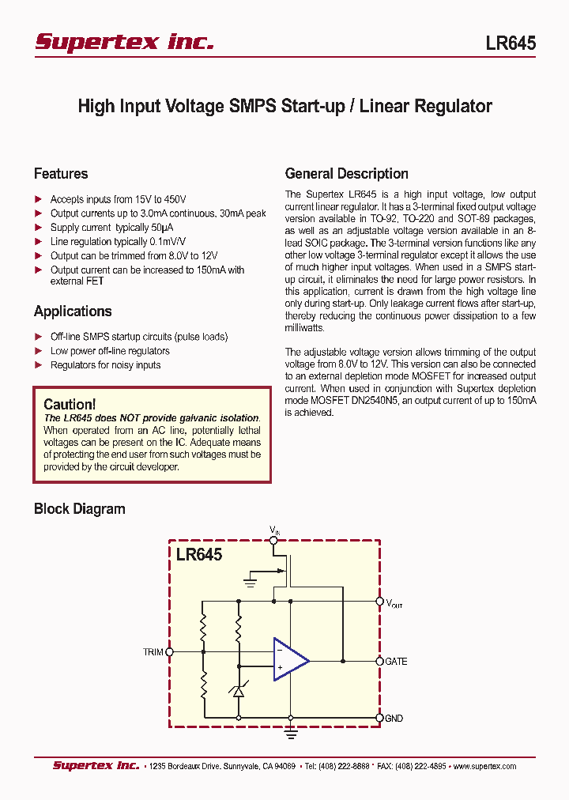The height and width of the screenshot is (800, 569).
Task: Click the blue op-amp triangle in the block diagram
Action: coord(289,659)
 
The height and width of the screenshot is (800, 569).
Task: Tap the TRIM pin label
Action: coord(153,652)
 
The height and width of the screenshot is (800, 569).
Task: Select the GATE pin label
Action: coord(396,661)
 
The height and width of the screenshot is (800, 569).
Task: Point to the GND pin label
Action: coord(394,719)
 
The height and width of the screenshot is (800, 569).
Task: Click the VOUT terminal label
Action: coord(394,604)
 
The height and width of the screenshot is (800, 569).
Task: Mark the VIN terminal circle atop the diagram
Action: coord(273,540)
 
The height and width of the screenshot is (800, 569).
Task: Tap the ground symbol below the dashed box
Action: coord(291,734)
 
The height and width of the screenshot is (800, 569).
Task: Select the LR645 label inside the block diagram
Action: coord(199,555)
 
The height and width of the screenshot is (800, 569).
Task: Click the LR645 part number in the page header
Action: coord(511,43)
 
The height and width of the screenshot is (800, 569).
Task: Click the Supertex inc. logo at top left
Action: coord(124,42)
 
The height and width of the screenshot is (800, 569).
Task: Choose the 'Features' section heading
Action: coord(61,174)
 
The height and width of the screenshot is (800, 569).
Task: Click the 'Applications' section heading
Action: coord(73,311)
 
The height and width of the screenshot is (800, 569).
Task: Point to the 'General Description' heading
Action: coord(346,174)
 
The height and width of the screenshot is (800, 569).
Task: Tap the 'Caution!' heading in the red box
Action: coord(70,405)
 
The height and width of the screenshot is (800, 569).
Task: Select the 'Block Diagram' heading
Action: coord(79,509)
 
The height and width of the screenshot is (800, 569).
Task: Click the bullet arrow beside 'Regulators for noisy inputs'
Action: coord(39,365)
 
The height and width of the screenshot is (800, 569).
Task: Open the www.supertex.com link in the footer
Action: coord(484,766)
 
